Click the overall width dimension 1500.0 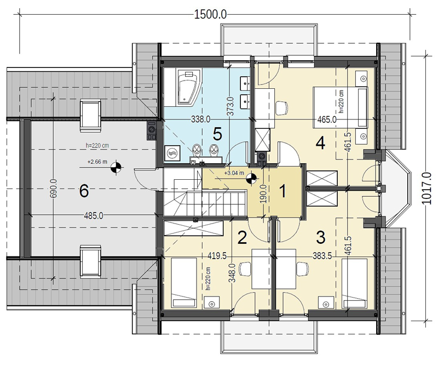click(x=210, y=14)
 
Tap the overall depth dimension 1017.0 click(x=426, y=188)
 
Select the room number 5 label click(x=217, y=134)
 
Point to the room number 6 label click(x=84, y=192)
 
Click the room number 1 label click(x=283, y=192)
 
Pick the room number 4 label click(x=320, y=144)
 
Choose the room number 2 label click(x=242, y=238)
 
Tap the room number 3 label click(x=320, y=237)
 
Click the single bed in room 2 click(x=184, y=283)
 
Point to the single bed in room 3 click(x=355, y=283)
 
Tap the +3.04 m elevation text click(x=234, y=173)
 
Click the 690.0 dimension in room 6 click(x=54, y=188)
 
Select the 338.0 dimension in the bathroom click(x=200, y=119)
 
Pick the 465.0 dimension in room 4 click(x=327, y=119)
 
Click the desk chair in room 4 click(x=281, y=107)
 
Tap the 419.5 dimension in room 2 click(x=217, y=256)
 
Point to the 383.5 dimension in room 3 click(x=322, y=256)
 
